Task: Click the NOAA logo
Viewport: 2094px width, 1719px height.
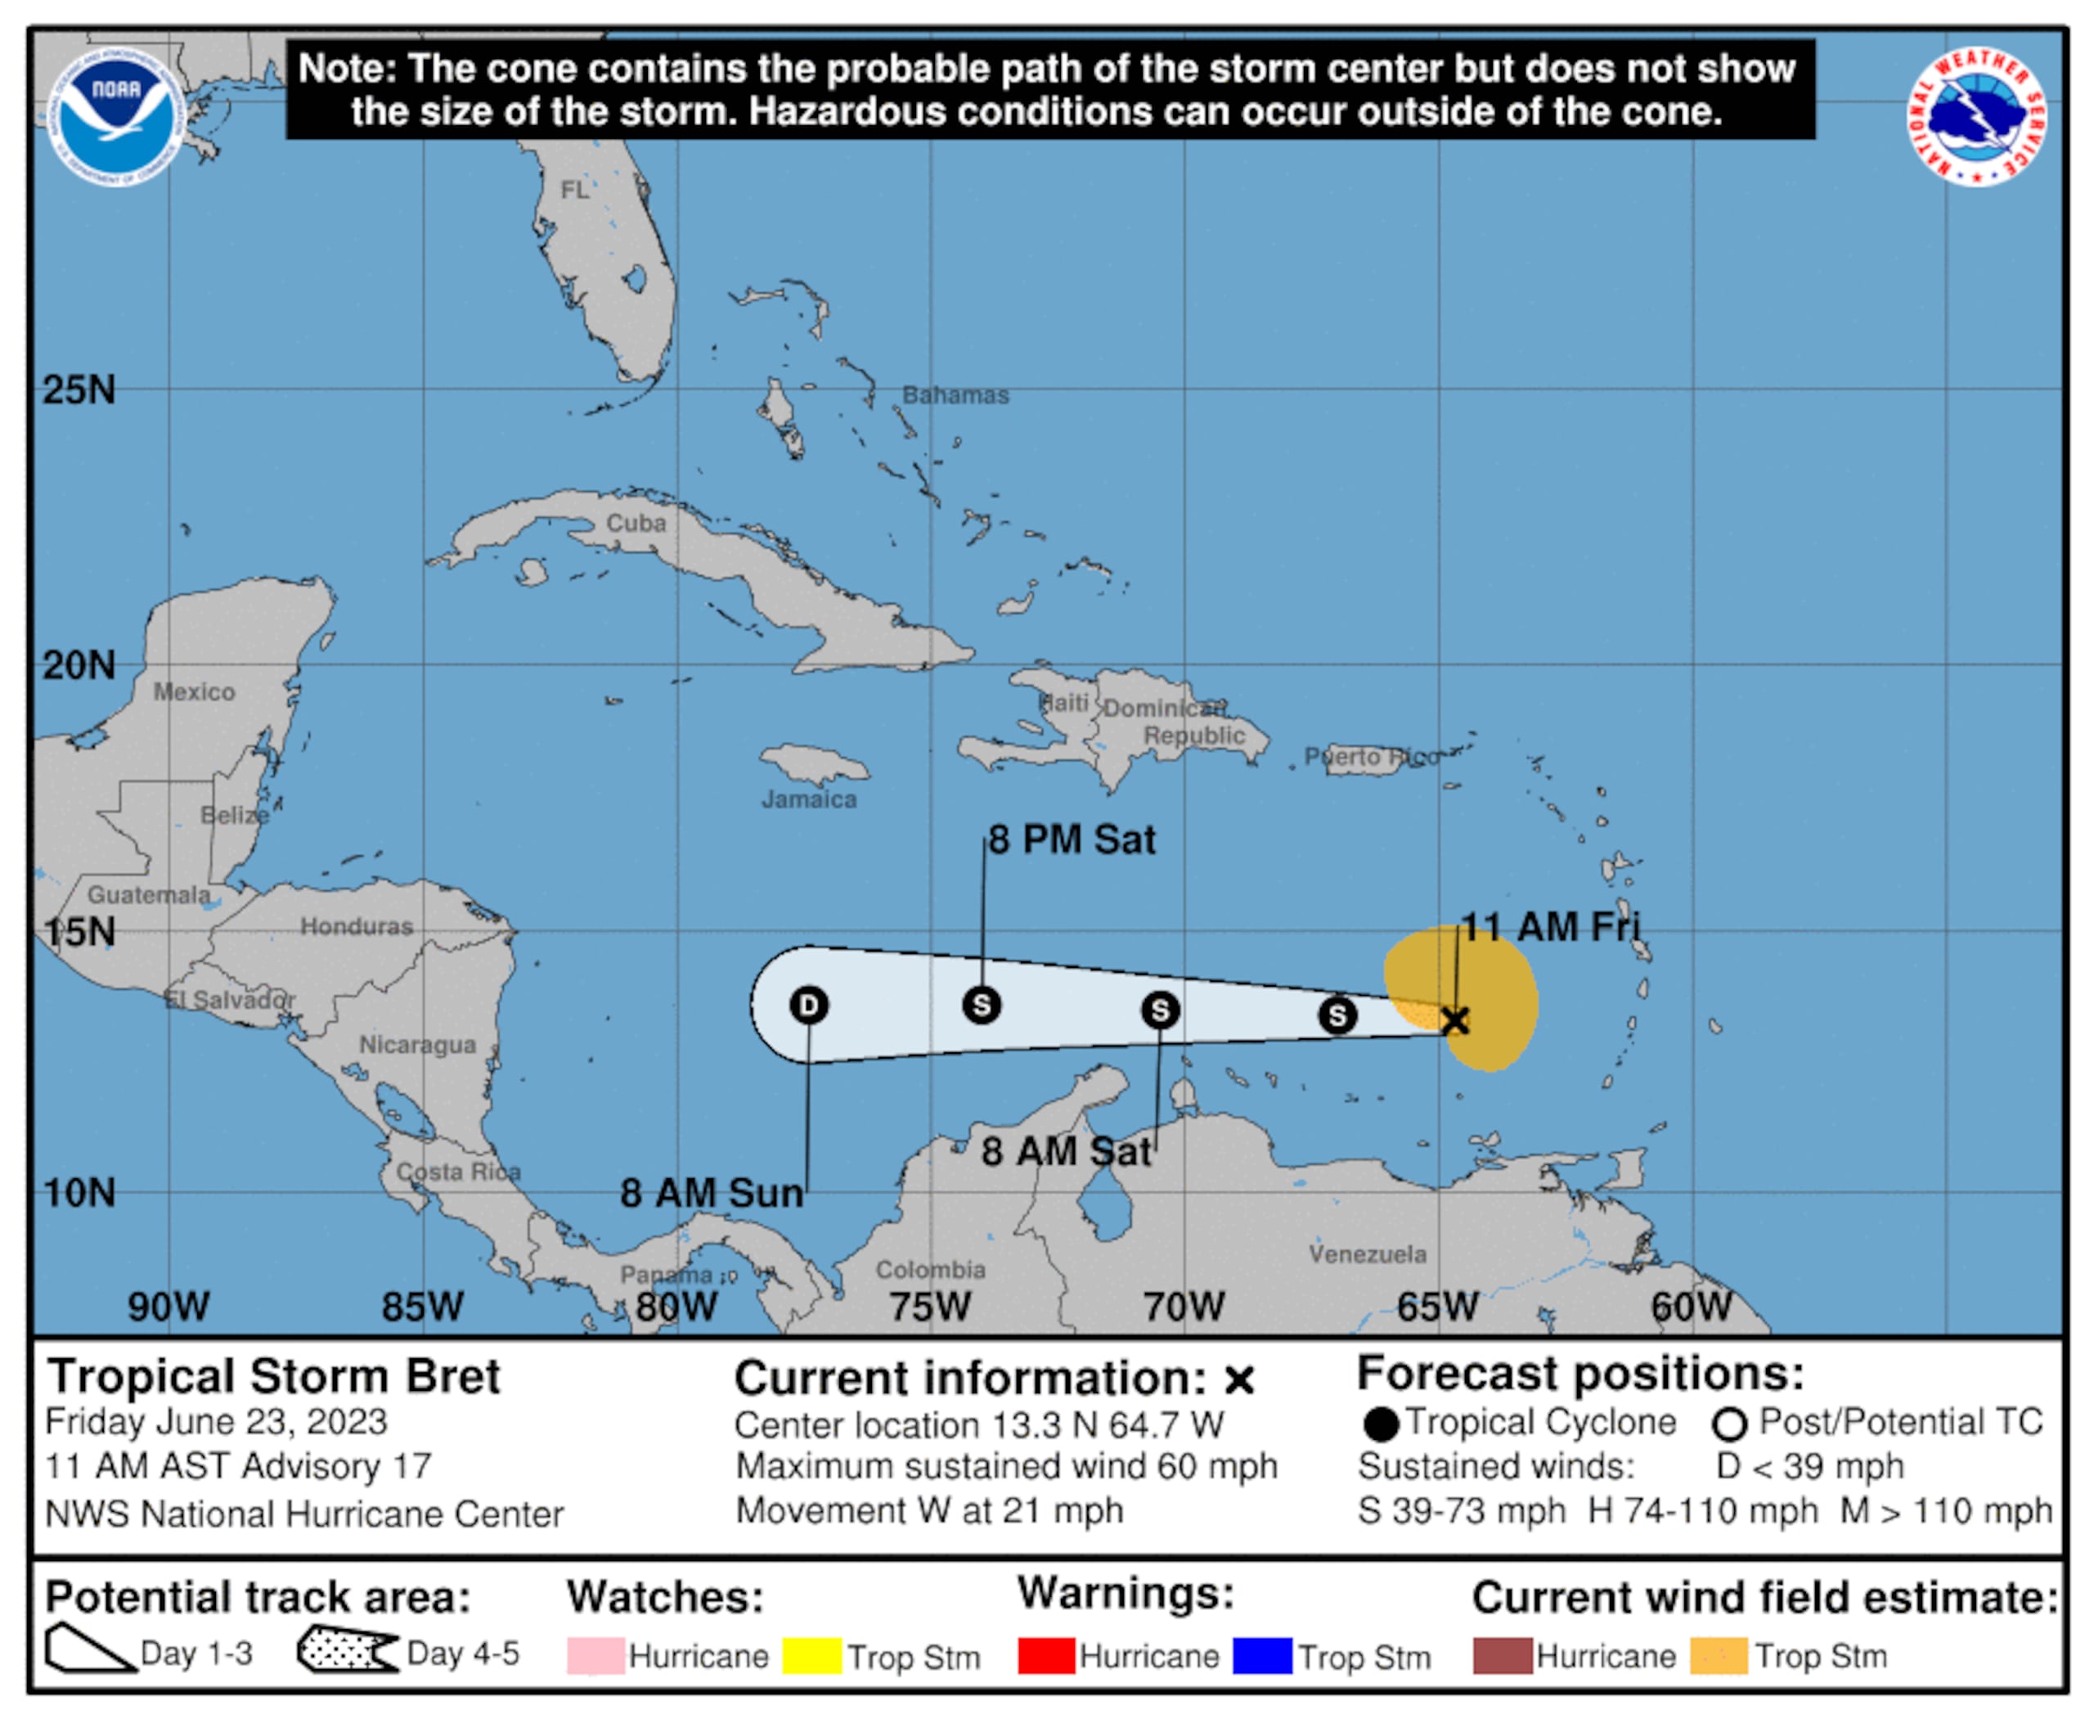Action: (x=116, y=116)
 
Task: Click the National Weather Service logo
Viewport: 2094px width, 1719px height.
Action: (x=1976, y=116)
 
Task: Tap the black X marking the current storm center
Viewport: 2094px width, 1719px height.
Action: (x=1454, y=1020)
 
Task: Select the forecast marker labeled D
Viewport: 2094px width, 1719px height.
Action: (x=809, y=1005)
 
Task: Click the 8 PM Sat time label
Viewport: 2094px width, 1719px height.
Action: (x=1072, y=839)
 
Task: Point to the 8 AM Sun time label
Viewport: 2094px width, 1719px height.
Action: (x=711, y=1192)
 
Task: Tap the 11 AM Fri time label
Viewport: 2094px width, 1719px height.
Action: (x=1550, y=927)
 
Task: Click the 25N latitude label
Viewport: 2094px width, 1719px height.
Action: (x=79, y=390)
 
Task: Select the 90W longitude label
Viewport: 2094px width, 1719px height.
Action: (x=169, y=1306)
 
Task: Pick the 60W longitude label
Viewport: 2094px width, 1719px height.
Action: (x=1691, y=1306)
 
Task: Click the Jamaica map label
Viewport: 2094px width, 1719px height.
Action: (x=809, y=799)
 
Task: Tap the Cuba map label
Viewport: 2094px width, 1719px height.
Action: (x=636, y=523)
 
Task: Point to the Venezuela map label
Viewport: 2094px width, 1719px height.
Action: (x=1368, y=1253)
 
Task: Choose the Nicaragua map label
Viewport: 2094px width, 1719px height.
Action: (x=417, y=1045)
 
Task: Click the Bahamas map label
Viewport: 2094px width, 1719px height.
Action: (x=955, y=395)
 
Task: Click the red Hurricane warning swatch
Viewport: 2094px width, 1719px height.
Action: (x=1046, y=1656)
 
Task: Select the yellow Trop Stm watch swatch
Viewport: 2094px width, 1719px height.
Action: (x=812, y=1656)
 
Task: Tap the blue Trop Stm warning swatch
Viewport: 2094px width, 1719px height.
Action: (x=1262, y=1656)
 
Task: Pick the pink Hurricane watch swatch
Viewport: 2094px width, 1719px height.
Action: (x=595, y=1656)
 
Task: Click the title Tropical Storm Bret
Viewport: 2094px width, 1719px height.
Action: (x=274, y=1376)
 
